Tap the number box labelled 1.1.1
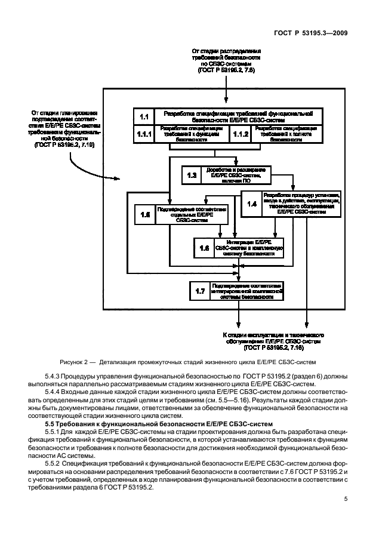pos(143,134)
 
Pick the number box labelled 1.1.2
pos(240,134)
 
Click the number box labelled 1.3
pos(192,175)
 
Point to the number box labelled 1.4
pos(251,204)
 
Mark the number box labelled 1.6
pos(204,248)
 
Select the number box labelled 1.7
pos(200,291)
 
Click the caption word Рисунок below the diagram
pos(74,361)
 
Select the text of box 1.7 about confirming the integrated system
pos(246,291)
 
